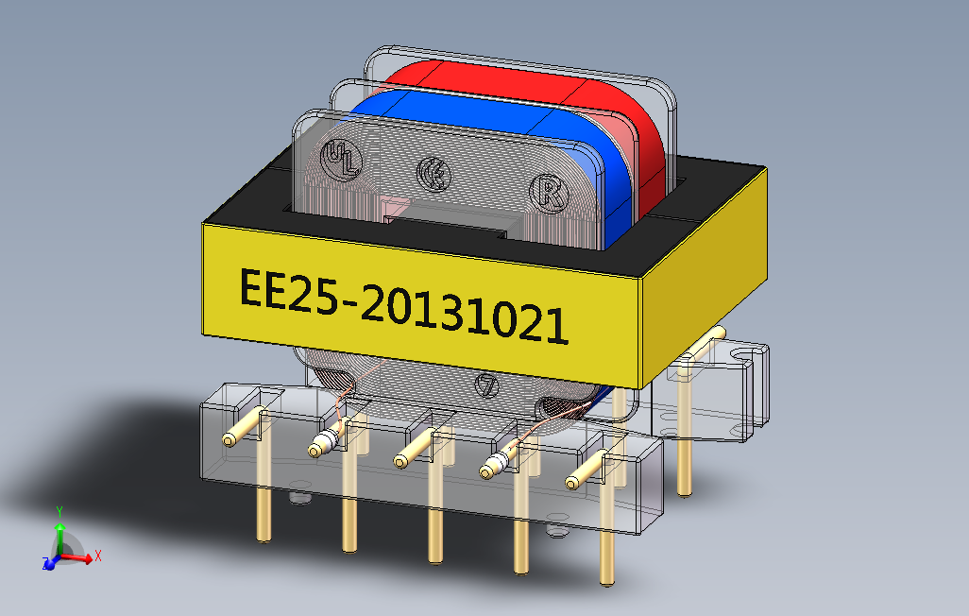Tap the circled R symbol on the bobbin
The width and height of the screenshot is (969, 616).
click(547, 191)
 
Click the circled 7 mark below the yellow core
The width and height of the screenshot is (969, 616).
click(487, 385)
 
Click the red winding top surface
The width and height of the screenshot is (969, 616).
click(491, 74)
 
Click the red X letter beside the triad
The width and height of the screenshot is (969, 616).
click(97, 556)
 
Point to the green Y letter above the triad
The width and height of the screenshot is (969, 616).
click(59, 511)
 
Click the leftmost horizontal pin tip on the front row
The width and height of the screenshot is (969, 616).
click(229, 439)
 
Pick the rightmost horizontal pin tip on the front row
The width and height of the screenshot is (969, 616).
click(572, 482)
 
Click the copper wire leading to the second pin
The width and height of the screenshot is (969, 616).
click(342, 408)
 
